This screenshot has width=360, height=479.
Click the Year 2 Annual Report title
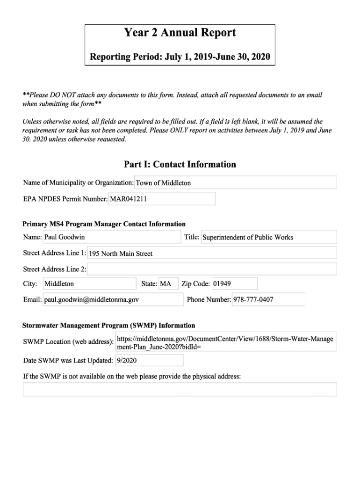[180, 33]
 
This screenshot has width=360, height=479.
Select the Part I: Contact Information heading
[180, 164]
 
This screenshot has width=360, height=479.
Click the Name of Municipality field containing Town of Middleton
[235, 183]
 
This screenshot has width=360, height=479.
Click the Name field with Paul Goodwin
[112, 237]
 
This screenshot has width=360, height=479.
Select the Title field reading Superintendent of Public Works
[268, 237]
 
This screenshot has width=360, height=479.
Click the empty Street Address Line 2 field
[212, 269]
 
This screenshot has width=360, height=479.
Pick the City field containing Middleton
[89, 283]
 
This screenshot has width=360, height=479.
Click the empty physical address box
[180, 389]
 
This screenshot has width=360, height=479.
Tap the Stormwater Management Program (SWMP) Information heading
[109, 326]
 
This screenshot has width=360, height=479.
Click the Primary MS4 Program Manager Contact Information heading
[104, 224]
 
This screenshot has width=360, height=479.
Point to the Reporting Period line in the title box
[180, 57]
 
